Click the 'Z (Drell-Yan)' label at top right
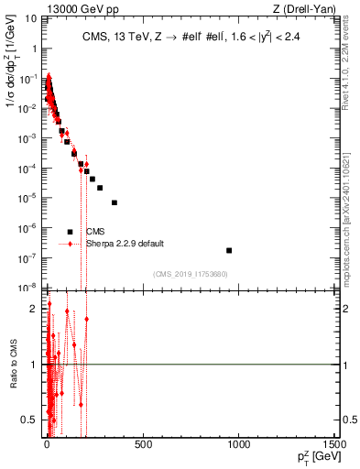pos(307,9)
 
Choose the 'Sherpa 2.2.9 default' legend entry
pos(125,244)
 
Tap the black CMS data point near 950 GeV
pos(229,250)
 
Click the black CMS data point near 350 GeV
pos(115,202)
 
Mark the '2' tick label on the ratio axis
pos(34,309)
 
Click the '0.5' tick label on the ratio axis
pos(30,420)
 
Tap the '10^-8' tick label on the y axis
pos(28,288)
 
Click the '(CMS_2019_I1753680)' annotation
pos(190,274)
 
